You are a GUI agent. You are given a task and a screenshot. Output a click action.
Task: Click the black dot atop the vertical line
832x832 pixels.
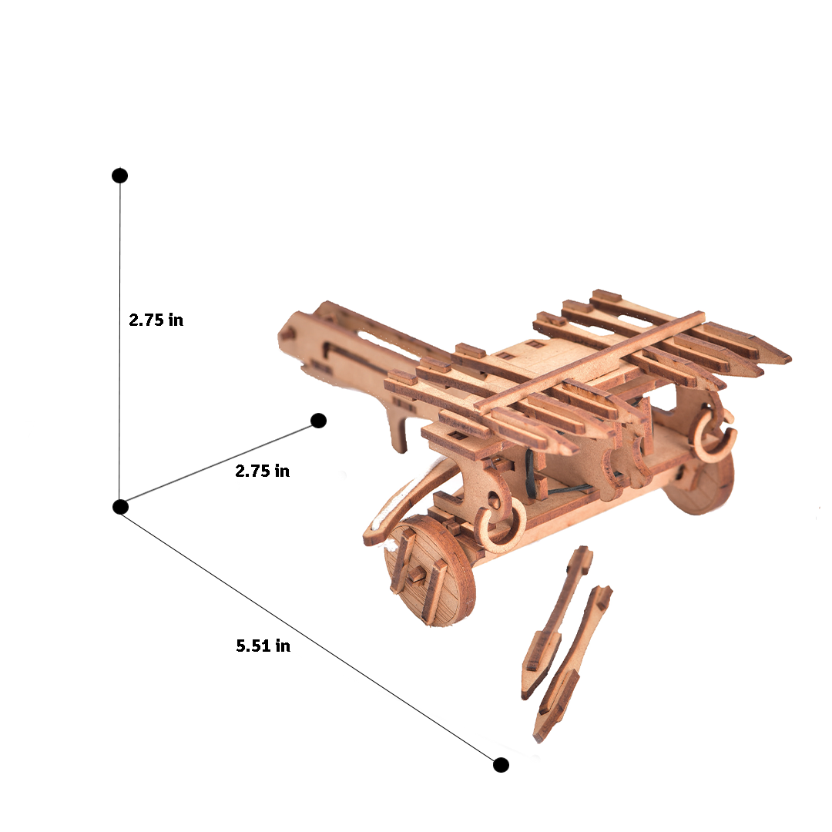point(119,176)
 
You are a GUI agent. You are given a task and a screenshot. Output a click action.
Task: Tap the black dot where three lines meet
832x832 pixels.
point(119,506)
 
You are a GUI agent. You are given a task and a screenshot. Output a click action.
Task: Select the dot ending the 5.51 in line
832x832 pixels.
point(501,764)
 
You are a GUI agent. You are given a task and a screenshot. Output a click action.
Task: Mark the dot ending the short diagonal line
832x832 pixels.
point(318,421)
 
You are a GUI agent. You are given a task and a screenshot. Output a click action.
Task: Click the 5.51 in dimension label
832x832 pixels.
point(263,646)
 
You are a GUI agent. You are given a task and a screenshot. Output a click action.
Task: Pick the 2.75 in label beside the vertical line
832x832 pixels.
point(156,320)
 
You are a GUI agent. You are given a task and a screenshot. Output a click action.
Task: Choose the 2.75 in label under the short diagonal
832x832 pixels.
point(262,471)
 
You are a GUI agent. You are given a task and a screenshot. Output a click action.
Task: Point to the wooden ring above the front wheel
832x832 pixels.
point(501,528)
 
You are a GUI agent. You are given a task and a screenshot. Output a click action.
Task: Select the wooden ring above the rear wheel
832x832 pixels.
point(715,438)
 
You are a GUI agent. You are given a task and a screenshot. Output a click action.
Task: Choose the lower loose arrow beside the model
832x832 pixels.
point(574,663)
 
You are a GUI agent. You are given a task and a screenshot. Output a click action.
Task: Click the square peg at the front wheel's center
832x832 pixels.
point(419,574)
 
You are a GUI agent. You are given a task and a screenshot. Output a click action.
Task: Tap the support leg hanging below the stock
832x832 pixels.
point(398,432)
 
